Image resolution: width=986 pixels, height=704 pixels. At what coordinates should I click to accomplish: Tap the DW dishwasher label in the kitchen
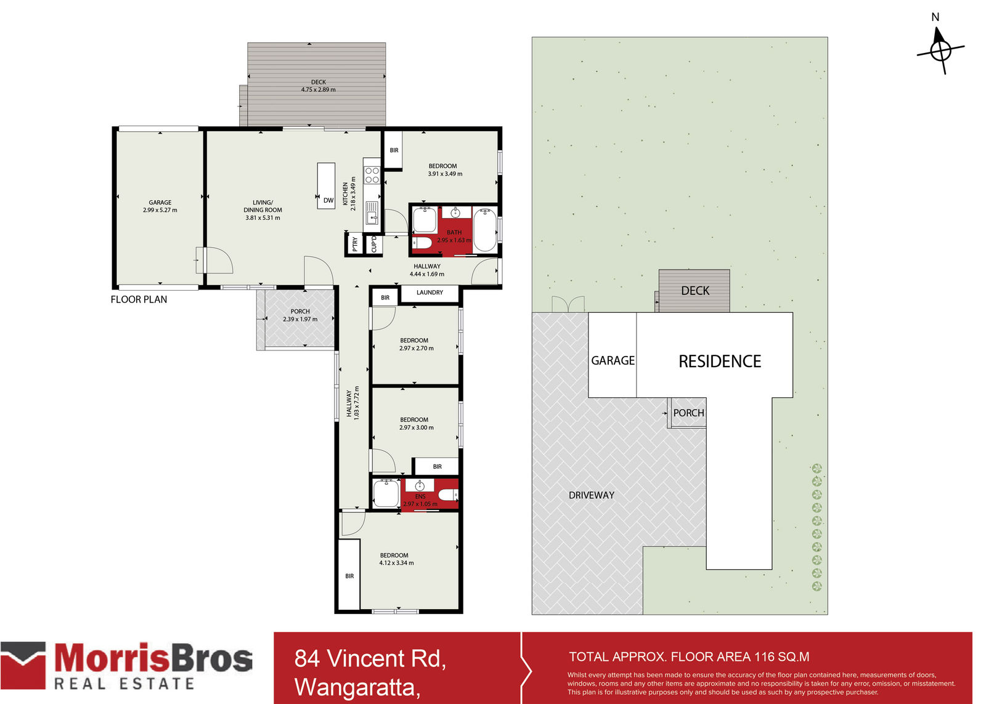point(328,200)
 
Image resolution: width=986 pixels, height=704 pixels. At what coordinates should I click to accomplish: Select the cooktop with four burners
point(372,175)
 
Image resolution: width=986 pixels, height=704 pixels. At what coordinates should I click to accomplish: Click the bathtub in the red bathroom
point(484,230)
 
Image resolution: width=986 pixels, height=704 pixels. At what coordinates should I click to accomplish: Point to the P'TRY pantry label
point(355,245)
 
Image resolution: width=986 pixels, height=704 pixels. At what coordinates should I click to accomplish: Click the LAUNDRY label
point(430,292)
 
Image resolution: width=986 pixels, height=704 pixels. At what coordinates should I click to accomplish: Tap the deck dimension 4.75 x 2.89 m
point(318,90)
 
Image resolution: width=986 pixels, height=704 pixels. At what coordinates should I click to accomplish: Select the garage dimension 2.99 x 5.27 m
point(160,210)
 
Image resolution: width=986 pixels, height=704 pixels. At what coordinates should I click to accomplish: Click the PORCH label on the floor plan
point(300,312)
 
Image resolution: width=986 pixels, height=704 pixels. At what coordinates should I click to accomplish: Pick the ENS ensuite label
point(420,496)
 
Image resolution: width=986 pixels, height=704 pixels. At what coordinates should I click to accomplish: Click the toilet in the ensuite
point(449,495)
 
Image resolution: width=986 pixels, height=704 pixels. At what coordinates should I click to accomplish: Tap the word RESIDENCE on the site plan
point(720,362)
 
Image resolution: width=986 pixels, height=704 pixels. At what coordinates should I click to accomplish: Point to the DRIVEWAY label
point(592,495)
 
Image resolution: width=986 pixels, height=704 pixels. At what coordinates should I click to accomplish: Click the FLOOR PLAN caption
point(139,299)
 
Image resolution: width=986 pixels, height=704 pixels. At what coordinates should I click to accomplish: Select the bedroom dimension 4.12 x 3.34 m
point(396,563)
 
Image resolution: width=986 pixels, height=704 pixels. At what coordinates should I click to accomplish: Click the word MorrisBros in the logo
point(153,658)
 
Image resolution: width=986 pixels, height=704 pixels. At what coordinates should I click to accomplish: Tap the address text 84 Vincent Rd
point(370,658)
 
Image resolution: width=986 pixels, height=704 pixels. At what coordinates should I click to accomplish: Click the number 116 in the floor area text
point(764,657)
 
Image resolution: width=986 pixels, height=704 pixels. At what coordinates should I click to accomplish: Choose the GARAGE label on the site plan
point(613,361)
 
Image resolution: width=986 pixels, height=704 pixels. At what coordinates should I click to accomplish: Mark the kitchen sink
point(372,212)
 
